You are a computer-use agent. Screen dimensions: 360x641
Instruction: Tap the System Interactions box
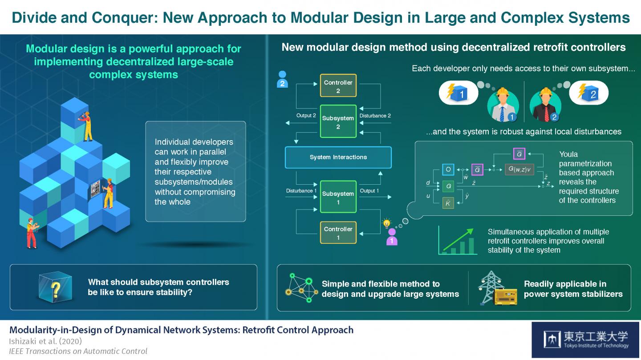(x=338, y=157)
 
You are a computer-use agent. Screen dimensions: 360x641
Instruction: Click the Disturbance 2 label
(x=375, y=116)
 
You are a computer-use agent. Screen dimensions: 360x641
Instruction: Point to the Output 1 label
(x=369, y=191)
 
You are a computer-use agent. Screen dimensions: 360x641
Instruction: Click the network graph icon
(x=300, y=288)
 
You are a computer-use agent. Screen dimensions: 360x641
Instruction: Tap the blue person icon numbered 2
(x=282, y=79)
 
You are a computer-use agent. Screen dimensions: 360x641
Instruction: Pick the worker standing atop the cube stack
(x=86, y=126)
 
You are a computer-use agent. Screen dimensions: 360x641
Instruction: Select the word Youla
(x=568, y=154)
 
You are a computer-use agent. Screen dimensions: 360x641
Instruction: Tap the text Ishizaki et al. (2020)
(x=45, y=341)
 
